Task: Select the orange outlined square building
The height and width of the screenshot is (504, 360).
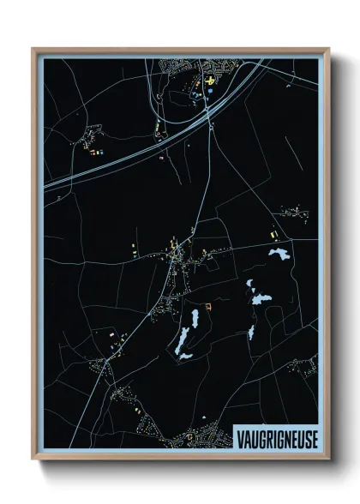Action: pos(208,305)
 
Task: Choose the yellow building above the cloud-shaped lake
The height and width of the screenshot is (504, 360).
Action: pos(273,235)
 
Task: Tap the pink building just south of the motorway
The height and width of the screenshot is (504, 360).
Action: pos(160,158)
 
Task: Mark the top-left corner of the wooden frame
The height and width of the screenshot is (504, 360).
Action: pos(33,49)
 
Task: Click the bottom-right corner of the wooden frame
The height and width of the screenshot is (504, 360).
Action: pos(328,460)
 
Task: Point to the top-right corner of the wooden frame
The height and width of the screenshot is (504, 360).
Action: pos(328,49)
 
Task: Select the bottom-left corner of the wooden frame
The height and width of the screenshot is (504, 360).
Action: pos(33,460)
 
